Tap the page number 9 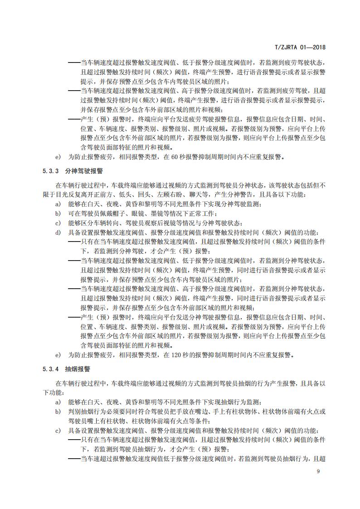tap(318, 471)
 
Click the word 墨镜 tap(147, 213)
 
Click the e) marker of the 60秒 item tap(58, 157)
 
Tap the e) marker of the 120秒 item tap(58, 355)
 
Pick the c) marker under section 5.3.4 tap(58, 430)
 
